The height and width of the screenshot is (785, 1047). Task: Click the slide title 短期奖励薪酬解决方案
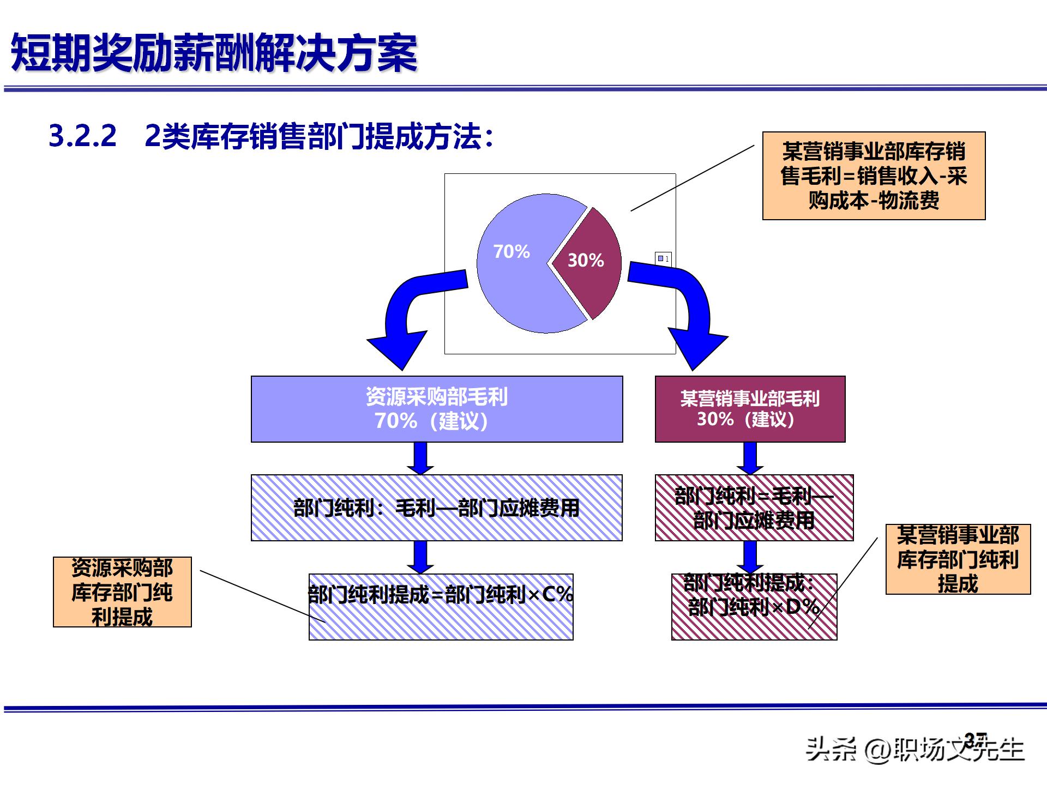(214, 53)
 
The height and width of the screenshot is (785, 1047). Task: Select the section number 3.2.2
(82, 136)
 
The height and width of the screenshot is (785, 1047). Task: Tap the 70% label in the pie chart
(511, 251)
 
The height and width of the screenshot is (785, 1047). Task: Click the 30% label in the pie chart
(586, 260)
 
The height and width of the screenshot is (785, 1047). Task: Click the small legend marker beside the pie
(661, 258)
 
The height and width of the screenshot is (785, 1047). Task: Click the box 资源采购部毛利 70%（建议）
(436, 409)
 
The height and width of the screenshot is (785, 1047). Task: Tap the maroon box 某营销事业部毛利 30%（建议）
(750, 409)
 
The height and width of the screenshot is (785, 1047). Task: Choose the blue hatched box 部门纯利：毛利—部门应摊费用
(436, 508)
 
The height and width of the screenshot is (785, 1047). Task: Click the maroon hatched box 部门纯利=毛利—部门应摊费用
(754, 508)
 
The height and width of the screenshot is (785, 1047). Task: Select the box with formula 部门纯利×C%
(441, 606)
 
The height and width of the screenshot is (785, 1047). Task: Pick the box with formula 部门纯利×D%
(754, 606)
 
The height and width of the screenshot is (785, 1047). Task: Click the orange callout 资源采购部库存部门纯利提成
(122, 592)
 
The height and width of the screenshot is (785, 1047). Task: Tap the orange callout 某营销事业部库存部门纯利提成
(958, 559)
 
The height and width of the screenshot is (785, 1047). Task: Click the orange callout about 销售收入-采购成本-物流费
(874, 176)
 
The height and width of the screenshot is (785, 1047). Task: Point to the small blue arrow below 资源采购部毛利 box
(420, 458)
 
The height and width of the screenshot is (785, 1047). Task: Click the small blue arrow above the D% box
(750, 557)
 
